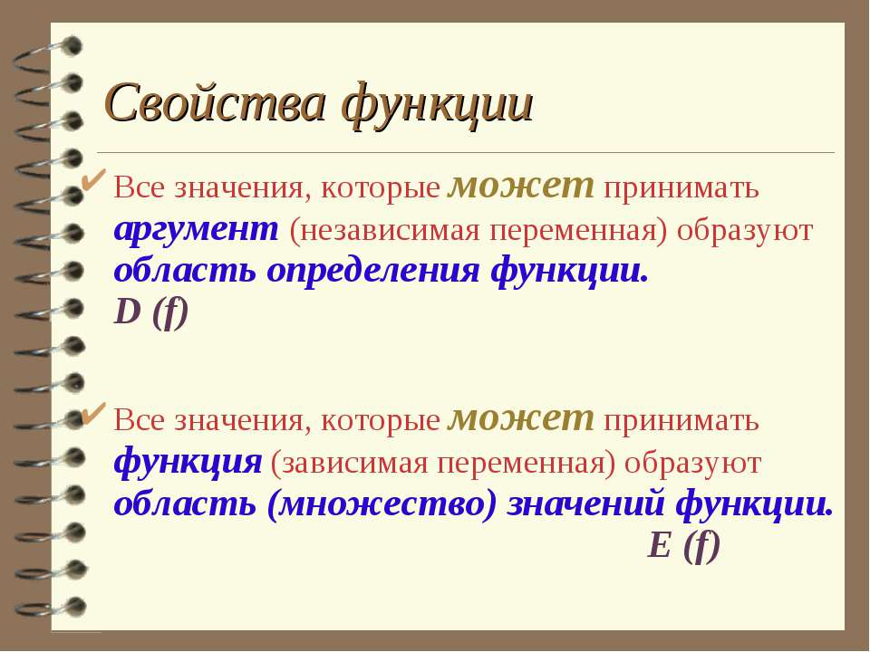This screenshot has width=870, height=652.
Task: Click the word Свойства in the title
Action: (215, 103)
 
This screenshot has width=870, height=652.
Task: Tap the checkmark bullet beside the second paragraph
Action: (93, 413)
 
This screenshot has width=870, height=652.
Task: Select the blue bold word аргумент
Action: (197, 229)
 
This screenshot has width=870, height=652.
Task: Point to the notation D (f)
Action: (151, 312)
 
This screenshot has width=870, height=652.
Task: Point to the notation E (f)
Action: (683, 545)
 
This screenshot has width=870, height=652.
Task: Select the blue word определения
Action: (372, 271)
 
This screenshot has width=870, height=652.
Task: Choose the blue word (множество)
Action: (382, 503)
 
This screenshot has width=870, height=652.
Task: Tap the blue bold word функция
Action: (188, 461)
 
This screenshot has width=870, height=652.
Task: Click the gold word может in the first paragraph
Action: (521, 185)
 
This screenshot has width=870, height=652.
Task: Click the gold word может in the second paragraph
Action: (521, 418)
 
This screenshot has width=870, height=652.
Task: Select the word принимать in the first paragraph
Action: (681, 188)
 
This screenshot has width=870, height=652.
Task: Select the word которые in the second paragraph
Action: (380, 421)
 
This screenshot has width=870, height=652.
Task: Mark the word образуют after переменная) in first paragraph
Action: (745, 231)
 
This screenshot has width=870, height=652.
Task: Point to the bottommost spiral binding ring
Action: (50, 608)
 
